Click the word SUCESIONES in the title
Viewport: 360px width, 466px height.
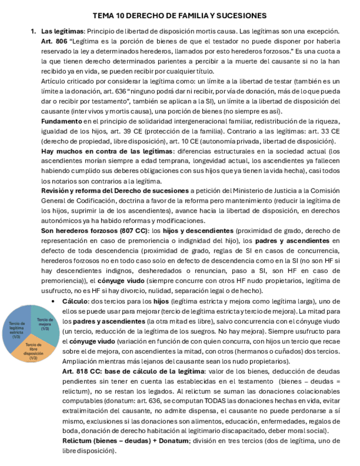(242, 16)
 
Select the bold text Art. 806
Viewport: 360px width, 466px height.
(54, 41)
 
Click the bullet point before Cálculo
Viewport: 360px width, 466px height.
(52, 301)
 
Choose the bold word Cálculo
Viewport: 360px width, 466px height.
(75, 301)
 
